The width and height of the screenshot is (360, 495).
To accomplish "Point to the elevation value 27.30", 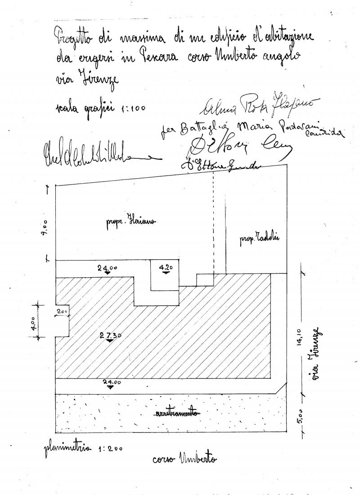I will (108, 335).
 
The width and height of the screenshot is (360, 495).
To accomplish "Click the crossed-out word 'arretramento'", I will (177, 413).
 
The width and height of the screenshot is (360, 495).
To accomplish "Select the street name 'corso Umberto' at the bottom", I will (184, 459).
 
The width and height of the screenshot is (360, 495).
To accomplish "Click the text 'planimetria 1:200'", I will (83, 448).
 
